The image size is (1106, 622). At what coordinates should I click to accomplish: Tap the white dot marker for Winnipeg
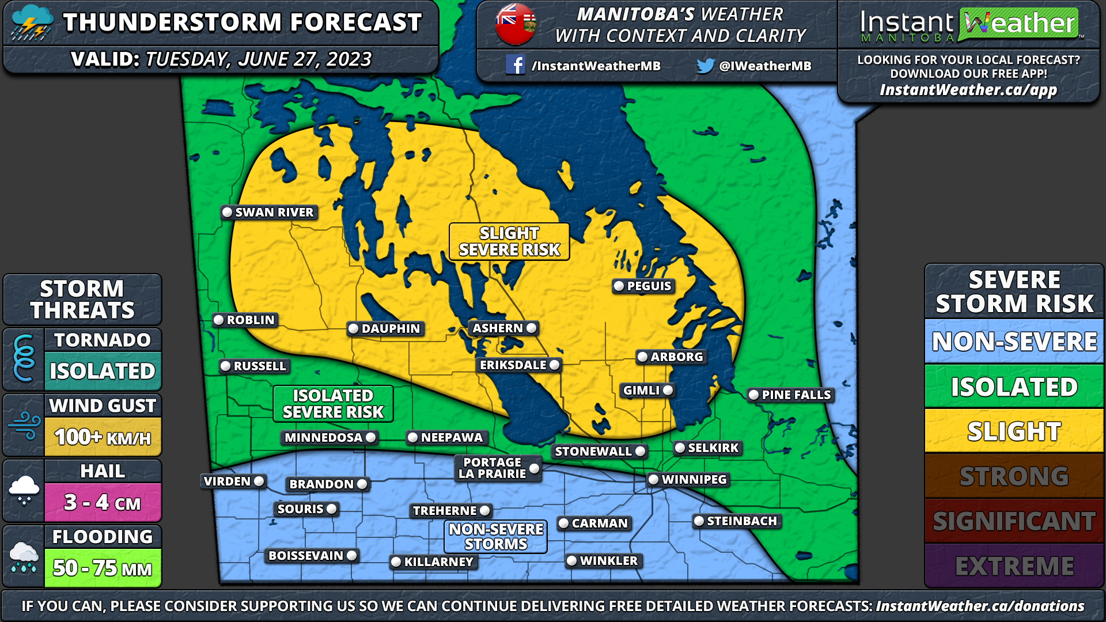click(653, 479)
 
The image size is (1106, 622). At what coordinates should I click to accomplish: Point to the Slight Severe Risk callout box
click(509, 242)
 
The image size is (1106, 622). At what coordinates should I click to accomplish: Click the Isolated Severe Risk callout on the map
click(333, 404)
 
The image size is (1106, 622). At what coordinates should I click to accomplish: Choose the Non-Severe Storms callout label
click(495, 537)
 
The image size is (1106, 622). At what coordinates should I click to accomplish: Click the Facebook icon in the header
click(515, 65)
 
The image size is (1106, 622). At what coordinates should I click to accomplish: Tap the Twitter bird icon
click(705, 66)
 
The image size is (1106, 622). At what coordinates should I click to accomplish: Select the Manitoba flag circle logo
click(516, 24)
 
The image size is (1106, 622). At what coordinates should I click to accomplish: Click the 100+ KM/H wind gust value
click(103, 438)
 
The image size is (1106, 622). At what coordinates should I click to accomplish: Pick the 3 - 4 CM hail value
click(103, 503)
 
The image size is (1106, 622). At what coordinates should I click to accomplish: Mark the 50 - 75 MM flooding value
click(103, 568)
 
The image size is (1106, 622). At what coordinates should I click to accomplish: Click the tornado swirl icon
click(24, 358)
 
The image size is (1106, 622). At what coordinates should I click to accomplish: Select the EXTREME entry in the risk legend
click(1014, 566)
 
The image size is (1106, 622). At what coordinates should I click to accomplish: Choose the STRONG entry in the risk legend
click(1014, 476)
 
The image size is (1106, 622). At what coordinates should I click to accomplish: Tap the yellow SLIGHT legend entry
click(1014, 431)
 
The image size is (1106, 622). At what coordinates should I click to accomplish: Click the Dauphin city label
click(391, 329)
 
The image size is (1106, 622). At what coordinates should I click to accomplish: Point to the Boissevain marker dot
click(351, 556)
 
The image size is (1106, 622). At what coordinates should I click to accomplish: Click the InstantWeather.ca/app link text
click(968, 90)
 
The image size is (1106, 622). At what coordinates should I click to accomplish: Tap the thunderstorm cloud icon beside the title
click(31, 23)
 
